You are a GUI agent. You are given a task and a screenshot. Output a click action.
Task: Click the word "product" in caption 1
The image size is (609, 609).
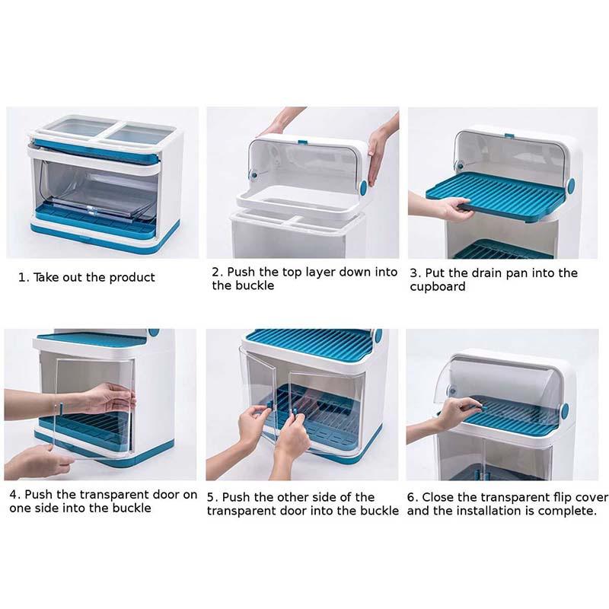click(x=132, y=278)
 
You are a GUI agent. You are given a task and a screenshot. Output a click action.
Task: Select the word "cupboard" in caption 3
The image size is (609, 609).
click(x=437, y=287)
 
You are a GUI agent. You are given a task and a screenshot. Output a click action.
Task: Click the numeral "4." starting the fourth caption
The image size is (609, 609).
click(x=14, y=495)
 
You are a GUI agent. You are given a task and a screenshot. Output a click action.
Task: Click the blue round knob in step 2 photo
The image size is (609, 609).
click(x=363, y=187)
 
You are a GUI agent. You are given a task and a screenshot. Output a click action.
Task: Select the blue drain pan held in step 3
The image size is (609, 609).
click(x=496, y=197)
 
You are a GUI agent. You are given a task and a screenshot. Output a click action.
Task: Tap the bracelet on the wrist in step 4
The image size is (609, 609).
click(x=61, y=410)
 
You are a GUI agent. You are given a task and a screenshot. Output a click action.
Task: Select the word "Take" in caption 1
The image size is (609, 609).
click(x=45, y=278)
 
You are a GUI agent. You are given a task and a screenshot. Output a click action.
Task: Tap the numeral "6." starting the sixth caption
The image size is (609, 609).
click(x=413, y=498)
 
